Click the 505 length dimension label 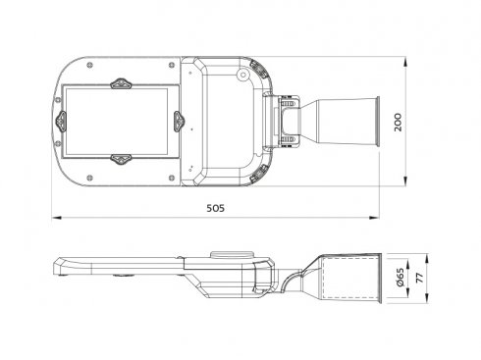click(x=216, y=208)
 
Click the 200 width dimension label click(x=398, y=123)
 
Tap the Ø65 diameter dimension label click(x=400, y=278)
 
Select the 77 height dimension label click(x=419, y=279)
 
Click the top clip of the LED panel click(x=121, y=83)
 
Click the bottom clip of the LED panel click(x=121, y=159)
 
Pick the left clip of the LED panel click(x=61, y=122)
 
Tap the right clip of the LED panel click(x=179, y=122)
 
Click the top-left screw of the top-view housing click(x=90, y=65)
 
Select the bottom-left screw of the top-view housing click(x=90, y=178)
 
